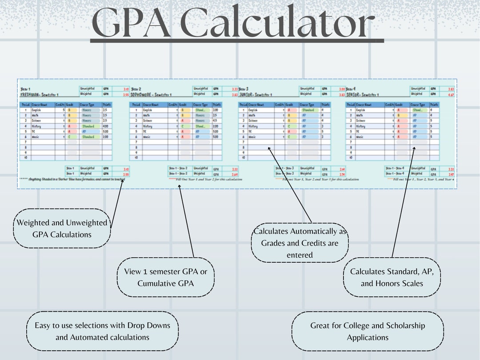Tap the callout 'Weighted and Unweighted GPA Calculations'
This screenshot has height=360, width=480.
62,228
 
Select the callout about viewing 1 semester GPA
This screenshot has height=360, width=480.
166,277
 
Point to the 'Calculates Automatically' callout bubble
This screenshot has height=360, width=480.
300,243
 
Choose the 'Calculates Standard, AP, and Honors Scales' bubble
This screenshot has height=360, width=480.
392,277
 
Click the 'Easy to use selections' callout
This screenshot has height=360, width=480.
102,332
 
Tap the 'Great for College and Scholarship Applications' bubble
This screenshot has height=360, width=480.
368,332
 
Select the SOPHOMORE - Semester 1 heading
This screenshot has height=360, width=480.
151,95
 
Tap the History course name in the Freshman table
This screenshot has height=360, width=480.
36,126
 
